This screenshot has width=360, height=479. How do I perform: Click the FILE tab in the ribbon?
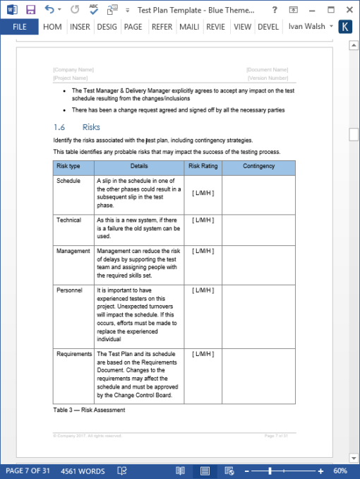click(19, 27)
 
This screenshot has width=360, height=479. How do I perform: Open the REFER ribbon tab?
click(162, 27)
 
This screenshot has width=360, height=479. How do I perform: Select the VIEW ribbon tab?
click(242, 27)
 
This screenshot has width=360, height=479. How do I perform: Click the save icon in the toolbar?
click(30, 9)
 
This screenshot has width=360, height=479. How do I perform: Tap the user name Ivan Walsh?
click(307, 27)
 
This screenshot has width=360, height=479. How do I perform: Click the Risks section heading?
click(91, 127)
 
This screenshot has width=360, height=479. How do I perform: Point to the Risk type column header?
click(68, 167)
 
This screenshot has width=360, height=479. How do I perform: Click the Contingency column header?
click(258, 167)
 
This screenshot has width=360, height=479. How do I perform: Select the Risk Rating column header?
click(203, 167)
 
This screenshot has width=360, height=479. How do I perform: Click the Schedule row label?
click(68, 181)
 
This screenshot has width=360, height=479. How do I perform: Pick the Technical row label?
click(69, 220)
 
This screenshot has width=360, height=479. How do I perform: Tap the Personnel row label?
click(69, 290)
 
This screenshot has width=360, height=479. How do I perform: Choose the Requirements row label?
click(74, 354)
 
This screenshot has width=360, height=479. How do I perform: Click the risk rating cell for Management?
click(203, 251)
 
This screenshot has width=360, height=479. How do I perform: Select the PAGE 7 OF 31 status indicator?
click(28, 471)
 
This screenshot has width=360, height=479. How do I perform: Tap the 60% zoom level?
click(340, 471)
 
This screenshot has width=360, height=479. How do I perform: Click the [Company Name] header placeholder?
click(73, 70)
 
